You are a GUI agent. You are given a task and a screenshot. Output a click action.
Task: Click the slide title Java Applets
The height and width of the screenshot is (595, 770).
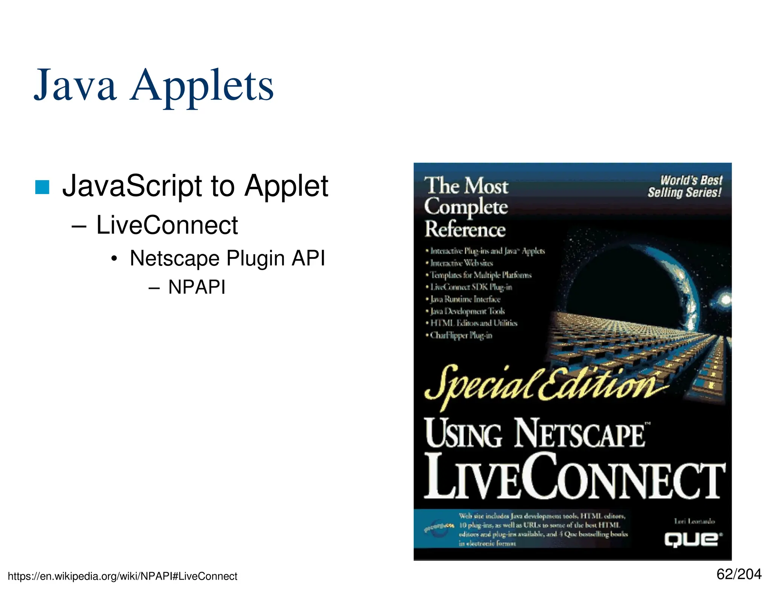coord(154,86)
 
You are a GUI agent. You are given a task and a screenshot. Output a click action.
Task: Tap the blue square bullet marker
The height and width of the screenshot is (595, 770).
coord(42,187)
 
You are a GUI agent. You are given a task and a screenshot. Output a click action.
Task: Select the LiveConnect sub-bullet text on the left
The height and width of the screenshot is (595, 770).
coord(167,225)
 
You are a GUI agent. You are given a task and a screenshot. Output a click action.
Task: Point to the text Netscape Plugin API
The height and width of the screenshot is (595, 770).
coord(227,258)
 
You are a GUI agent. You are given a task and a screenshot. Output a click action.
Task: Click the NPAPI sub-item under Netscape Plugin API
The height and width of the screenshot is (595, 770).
coord(197,287)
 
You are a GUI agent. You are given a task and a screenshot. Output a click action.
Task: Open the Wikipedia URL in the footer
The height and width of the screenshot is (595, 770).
coord(123,576)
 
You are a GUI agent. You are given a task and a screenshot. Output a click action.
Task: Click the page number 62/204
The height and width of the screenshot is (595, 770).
coord(739,574)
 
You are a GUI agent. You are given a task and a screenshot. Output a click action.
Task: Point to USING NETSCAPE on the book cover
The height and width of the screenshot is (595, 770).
coord(536,434)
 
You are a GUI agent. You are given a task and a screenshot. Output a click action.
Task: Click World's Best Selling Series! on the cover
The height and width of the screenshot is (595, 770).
coord(685,187)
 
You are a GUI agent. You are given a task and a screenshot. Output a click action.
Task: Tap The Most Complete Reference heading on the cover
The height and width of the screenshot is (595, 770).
coord(466,207)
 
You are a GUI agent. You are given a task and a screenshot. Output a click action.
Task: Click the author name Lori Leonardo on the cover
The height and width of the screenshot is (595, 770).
coord(694,521)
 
